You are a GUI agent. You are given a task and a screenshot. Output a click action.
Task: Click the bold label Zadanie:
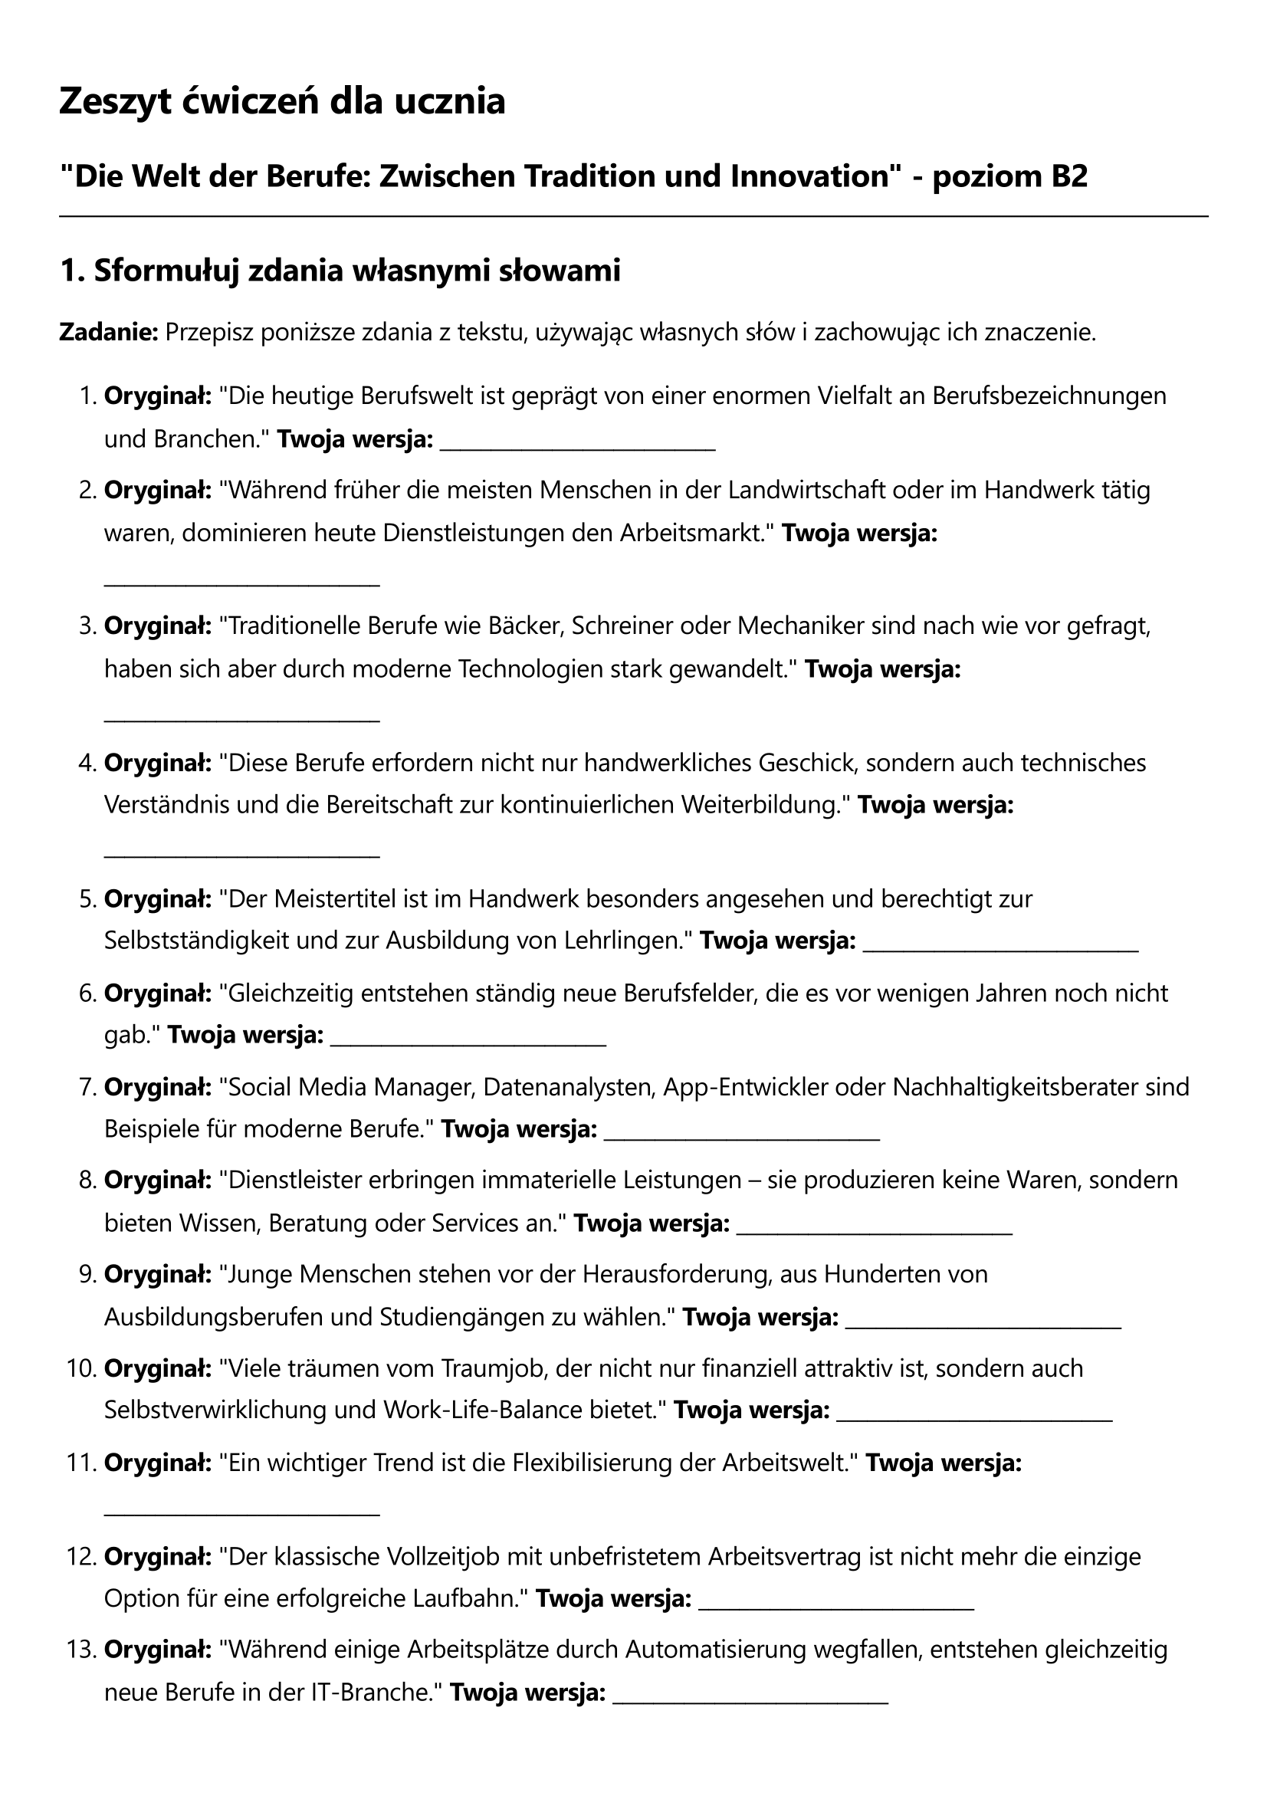click(109, 333)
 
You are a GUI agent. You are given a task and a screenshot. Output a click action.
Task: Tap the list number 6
click(87, 993)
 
